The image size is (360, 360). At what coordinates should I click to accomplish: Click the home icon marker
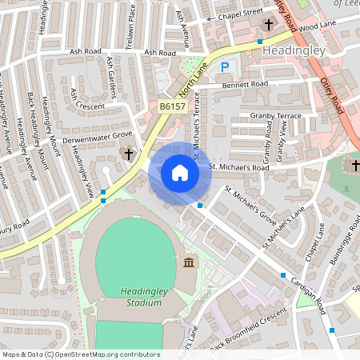point(179,172)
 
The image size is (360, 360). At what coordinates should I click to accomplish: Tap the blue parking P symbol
point(225,69)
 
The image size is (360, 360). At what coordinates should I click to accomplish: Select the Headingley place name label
point(293,50)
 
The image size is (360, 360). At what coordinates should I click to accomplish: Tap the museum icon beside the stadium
point(189,263)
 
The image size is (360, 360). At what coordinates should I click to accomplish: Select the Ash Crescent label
point(87,105)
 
